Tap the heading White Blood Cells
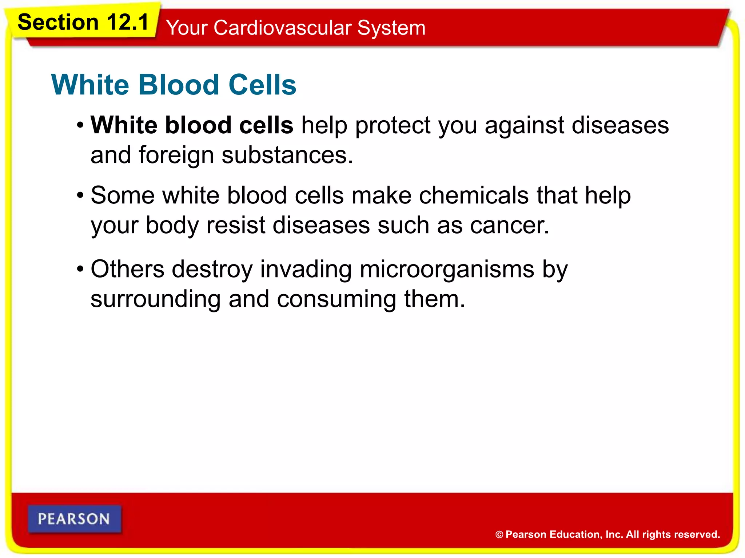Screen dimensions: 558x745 (174, 85)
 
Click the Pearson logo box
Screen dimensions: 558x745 (74, 519)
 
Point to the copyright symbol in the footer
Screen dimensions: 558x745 (499, 535)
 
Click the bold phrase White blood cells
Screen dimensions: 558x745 (192, 125)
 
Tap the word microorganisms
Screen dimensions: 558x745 (447, 270)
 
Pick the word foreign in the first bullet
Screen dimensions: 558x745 (176, 155)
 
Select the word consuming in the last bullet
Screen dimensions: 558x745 (336, 299)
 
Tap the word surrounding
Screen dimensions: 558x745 (155, 299)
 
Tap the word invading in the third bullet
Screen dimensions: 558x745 (306, 270)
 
